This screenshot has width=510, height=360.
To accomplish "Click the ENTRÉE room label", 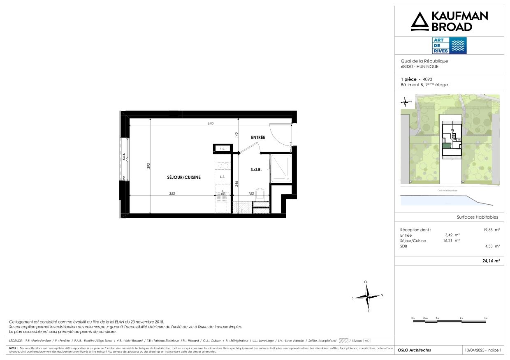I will (258, 137).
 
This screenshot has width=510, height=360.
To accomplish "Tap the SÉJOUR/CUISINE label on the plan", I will (184, 178).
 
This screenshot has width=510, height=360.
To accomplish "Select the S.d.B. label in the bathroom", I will (256, 169).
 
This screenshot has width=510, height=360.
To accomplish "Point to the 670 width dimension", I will (211, 123).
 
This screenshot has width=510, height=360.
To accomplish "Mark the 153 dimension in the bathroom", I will (250, 194).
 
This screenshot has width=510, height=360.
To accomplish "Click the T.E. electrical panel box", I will (222, 148).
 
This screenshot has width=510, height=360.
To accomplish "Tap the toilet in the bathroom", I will (260, 195).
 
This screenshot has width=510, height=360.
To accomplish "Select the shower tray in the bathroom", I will (281, 168).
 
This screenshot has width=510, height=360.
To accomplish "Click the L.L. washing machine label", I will (223, 177).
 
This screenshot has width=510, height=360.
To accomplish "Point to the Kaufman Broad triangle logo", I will (419, 21).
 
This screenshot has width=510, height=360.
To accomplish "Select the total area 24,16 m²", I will (491, 261).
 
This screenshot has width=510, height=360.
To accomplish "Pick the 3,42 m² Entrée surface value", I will (454, 235).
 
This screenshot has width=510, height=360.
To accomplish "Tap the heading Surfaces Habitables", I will (477, 217).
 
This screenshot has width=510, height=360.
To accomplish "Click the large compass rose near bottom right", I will (368, 296).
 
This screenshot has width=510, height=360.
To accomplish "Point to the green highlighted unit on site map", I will (446, 146).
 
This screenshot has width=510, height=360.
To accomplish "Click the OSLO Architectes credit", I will (415, 350).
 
